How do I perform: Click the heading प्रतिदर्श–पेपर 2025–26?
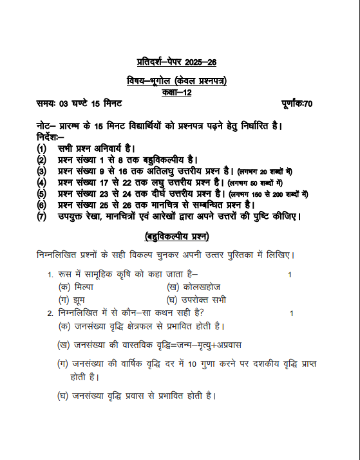click(177, 62)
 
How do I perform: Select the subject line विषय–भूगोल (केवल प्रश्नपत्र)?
click(177, 81)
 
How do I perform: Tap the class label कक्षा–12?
click(176, 93)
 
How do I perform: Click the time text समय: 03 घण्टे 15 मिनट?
click(80, 104)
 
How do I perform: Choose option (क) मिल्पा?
click(75, 287)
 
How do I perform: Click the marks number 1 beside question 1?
click(290, 275)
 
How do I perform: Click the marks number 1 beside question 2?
click(292, 313)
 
